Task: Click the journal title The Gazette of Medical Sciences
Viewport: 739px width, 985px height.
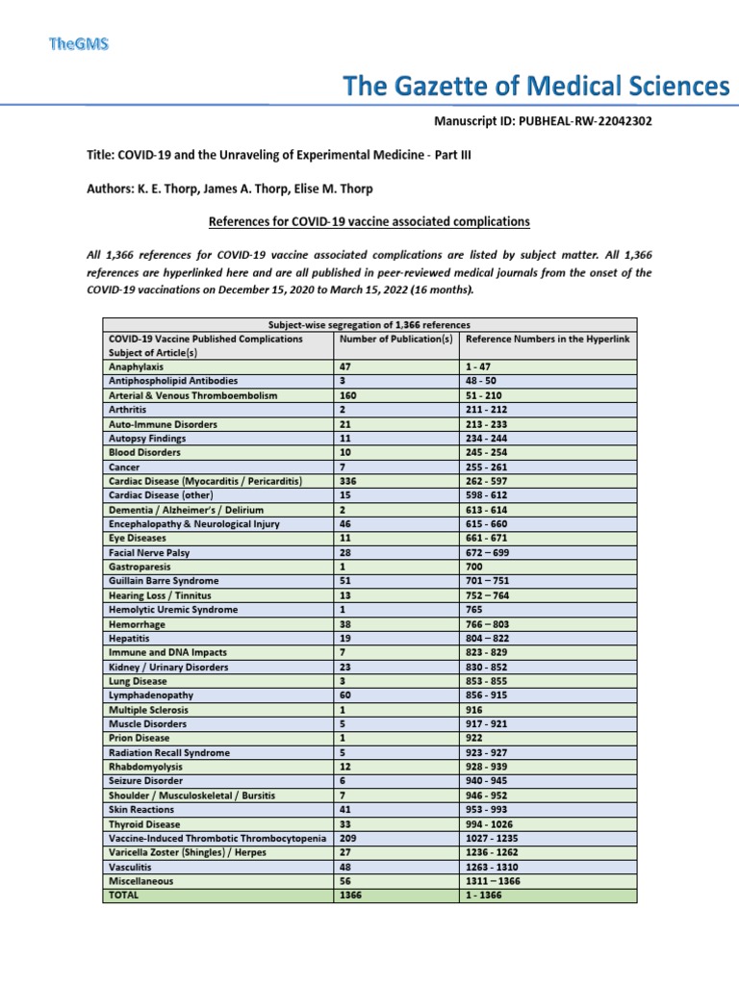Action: tap(537, 88)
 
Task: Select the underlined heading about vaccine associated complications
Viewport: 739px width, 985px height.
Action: tap(369, 221)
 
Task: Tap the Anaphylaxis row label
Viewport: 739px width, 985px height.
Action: tap(136, 367)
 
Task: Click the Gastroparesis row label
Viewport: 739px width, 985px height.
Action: tap(140, 567)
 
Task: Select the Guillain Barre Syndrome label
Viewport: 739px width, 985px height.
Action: tap(164, 581)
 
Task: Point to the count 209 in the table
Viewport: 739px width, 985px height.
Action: tap(348, 838)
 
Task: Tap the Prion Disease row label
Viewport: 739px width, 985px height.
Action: tap(140, 738)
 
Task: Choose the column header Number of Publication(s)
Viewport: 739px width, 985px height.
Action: tap(395, 339)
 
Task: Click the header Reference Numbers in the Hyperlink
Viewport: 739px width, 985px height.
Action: tap(548, 339)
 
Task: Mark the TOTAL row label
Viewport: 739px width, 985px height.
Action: tap(124, 895)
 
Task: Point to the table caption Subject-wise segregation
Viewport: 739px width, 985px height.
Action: tap(369, 324)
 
